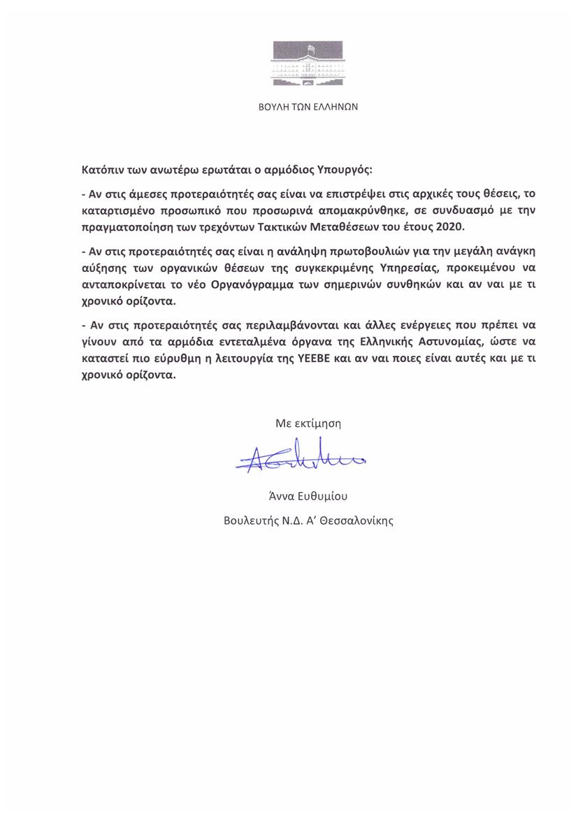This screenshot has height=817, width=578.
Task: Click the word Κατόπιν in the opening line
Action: [x=103, y=170]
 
